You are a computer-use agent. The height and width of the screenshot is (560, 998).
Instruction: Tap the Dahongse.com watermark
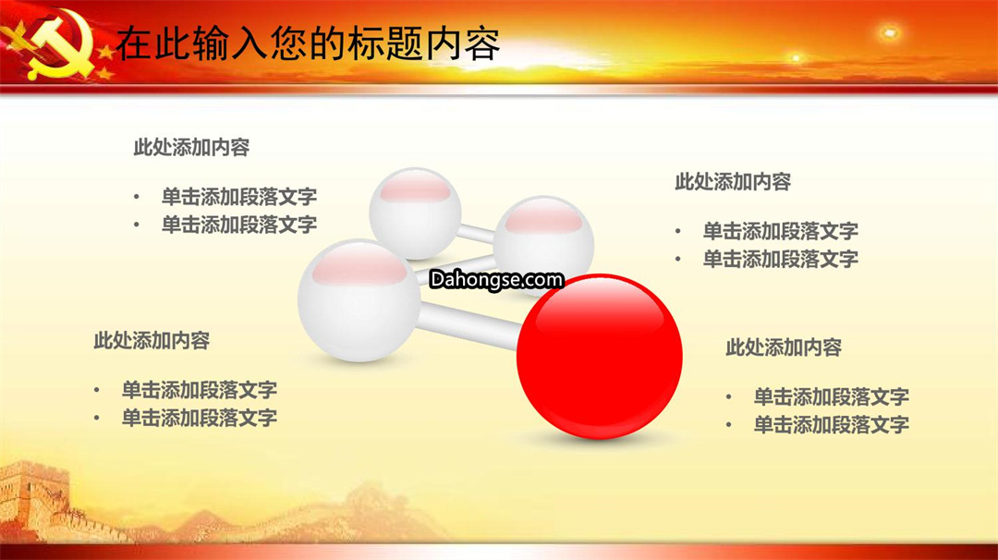(x=496, y=279)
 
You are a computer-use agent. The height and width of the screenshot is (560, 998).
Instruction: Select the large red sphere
(x=599, y=357)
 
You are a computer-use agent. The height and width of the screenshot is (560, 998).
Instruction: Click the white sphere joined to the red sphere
(x=359, y=300)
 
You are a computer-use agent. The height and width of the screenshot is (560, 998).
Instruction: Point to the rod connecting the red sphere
(x=469, y=325)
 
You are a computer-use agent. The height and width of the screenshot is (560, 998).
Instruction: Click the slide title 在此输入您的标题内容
(x=308, y=43)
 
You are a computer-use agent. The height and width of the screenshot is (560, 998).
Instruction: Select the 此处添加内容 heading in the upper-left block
(x=191, y=148)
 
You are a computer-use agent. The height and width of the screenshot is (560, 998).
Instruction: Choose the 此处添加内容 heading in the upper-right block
(x=733, y=182)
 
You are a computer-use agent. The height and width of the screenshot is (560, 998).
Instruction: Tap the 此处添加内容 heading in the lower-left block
(x=152, y=340)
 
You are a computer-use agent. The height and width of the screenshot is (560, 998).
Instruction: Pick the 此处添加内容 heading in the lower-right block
(x=784, y=347)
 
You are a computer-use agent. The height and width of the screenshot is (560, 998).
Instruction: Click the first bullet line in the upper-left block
(x=238, y=197)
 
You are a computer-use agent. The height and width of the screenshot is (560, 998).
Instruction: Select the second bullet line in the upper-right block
(x=780, y=259)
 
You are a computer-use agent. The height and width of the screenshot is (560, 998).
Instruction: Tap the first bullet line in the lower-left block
(x=200, y=389)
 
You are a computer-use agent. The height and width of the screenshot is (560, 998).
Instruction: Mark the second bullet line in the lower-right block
(x=832, y=424)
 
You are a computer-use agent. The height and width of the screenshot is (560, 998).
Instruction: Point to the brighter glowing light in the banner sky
(x=889, y=31)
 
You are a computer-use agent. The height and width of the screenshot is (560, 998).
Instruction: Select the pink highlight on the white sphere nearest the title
(x=415, y=189)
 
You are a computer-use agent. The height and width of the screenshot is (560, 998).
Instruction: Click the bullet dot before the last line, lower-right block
(x=729, y=425)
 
